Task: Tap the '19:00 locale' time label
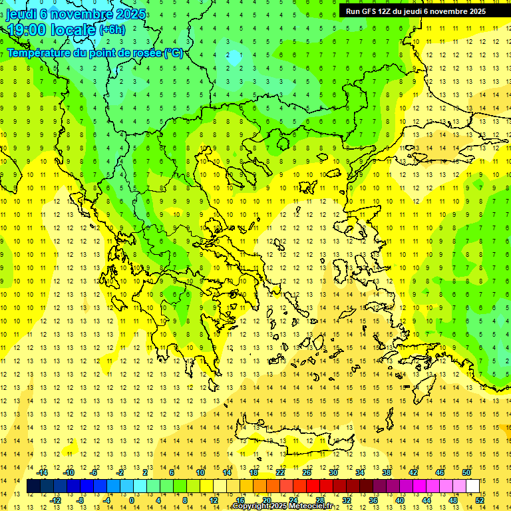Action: [x=51, y=29]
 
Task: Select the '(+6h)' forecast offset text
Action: [x=112, y=29]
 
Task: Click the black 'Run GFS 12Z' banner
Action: [x=416, y=11]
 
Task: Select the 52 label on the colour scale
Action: [x=479, y=500]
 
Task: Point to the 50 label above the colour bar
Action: [x=466, y=472]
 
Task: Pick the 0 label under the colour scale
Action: [x=132, y=500]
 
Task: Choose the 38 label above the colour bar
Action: [x=386, y=472]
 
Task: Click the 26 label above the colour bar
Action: [x=307, y=472]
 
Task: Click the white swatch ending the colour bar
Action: [x=472, y=486]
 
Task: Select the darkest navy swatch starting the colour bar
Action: [x=33, y=486]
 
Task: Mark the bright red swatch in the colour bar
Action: [x=313, y=486]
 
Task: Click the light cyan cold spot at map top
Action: [x=234, y=57]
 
